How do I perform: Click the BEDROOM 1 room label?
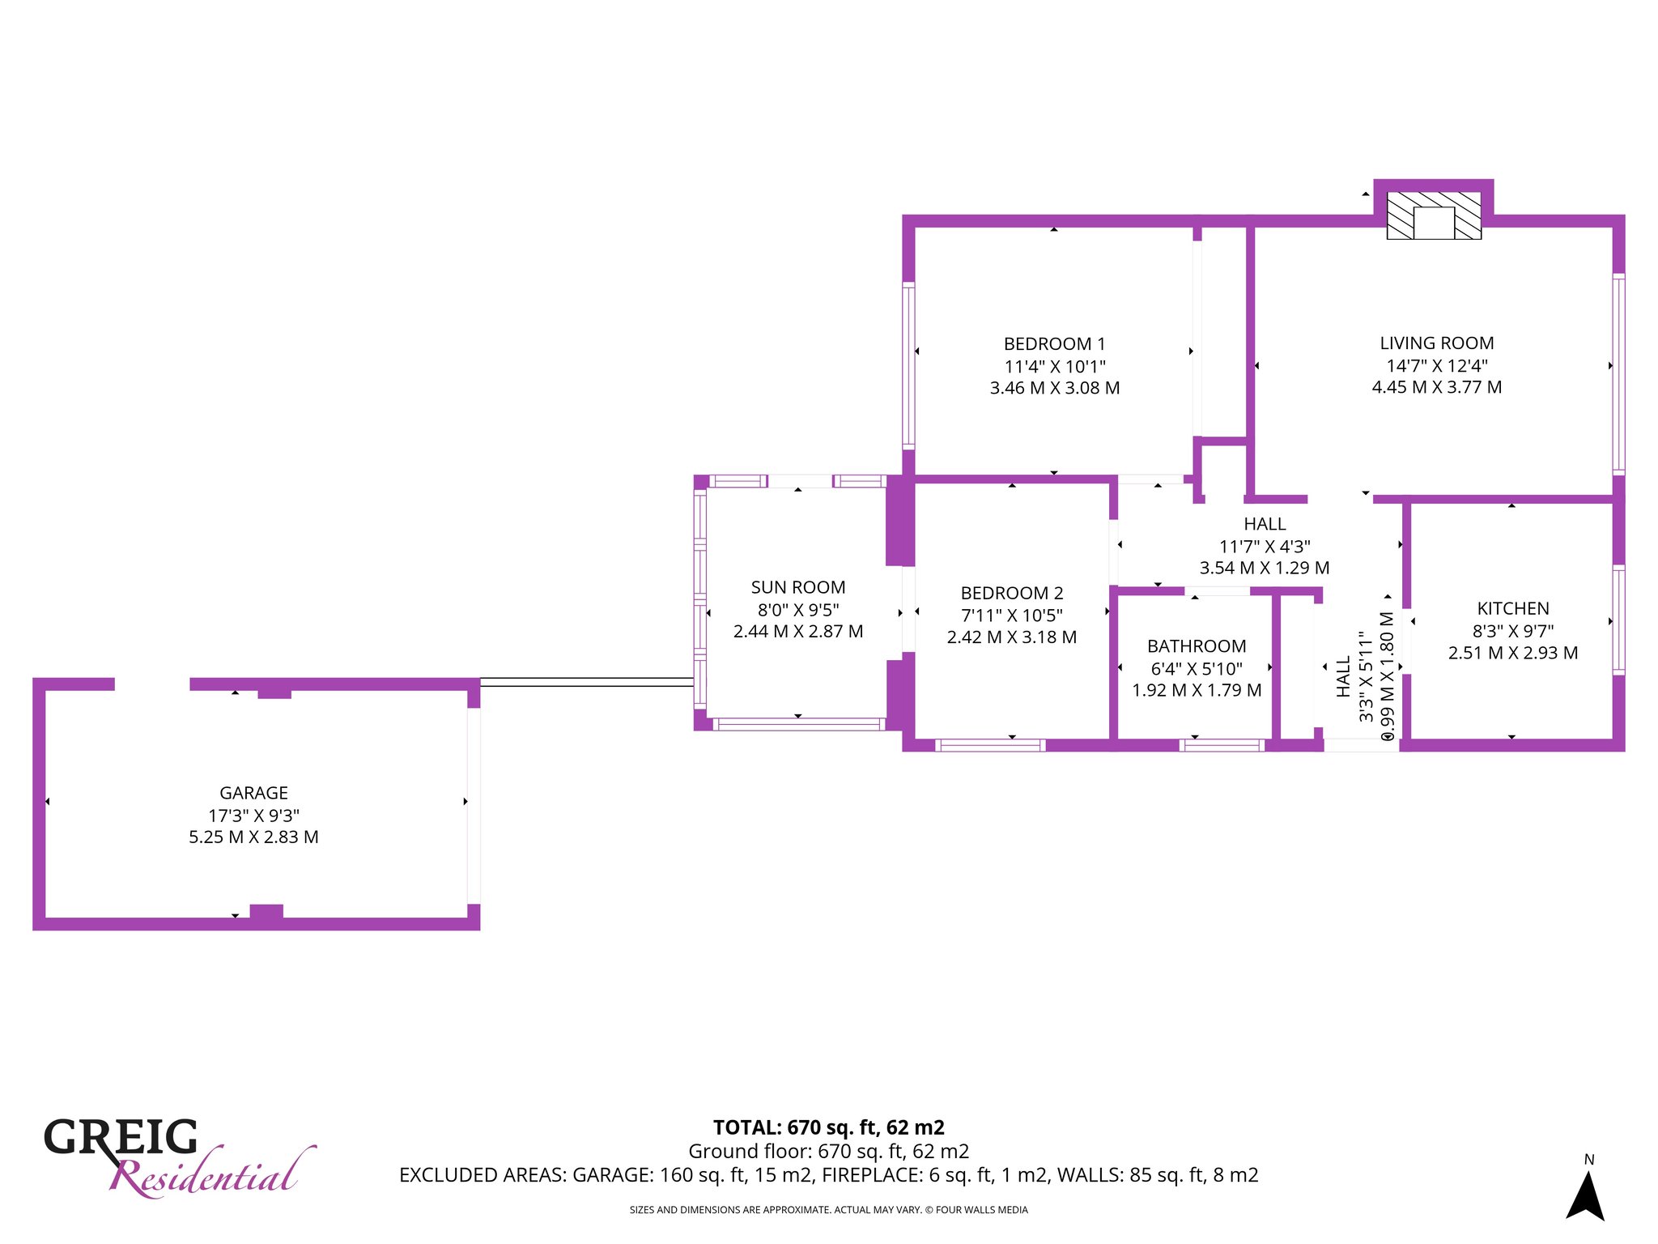click(1054, 344)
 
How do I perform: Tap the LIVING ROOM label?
click(1437, 343)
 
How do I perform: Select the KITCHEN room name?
click(1513, 609)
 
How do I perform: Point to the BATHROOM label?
click(1197, 646)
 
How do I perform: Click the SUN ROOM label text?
click(798, 588)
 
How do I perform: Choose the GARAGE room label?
click(253, 794)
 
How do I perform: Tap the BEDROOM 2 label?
click(1012, 594)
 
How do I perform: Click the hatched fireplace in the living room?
click(1434, 215)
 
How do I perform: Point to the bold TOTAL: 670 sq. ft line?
click(829, 1127)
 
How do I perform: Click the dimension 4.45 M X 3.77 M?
click(1437, 387)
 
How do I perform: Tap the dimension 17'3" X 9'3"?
click(253, 816)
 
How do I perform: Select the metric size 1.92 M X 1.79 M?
click(1197, 690)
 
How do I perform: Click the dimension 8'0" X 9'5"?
click(798, 610)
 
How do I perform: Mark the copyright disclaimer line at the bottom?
click(829, 1210)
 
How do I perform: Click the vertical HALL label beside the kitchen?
click(1344, 677)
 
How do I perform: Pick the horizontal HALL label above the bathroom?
click(1265, 524)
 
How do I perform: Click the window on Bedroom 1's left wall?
click(908, 365)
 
